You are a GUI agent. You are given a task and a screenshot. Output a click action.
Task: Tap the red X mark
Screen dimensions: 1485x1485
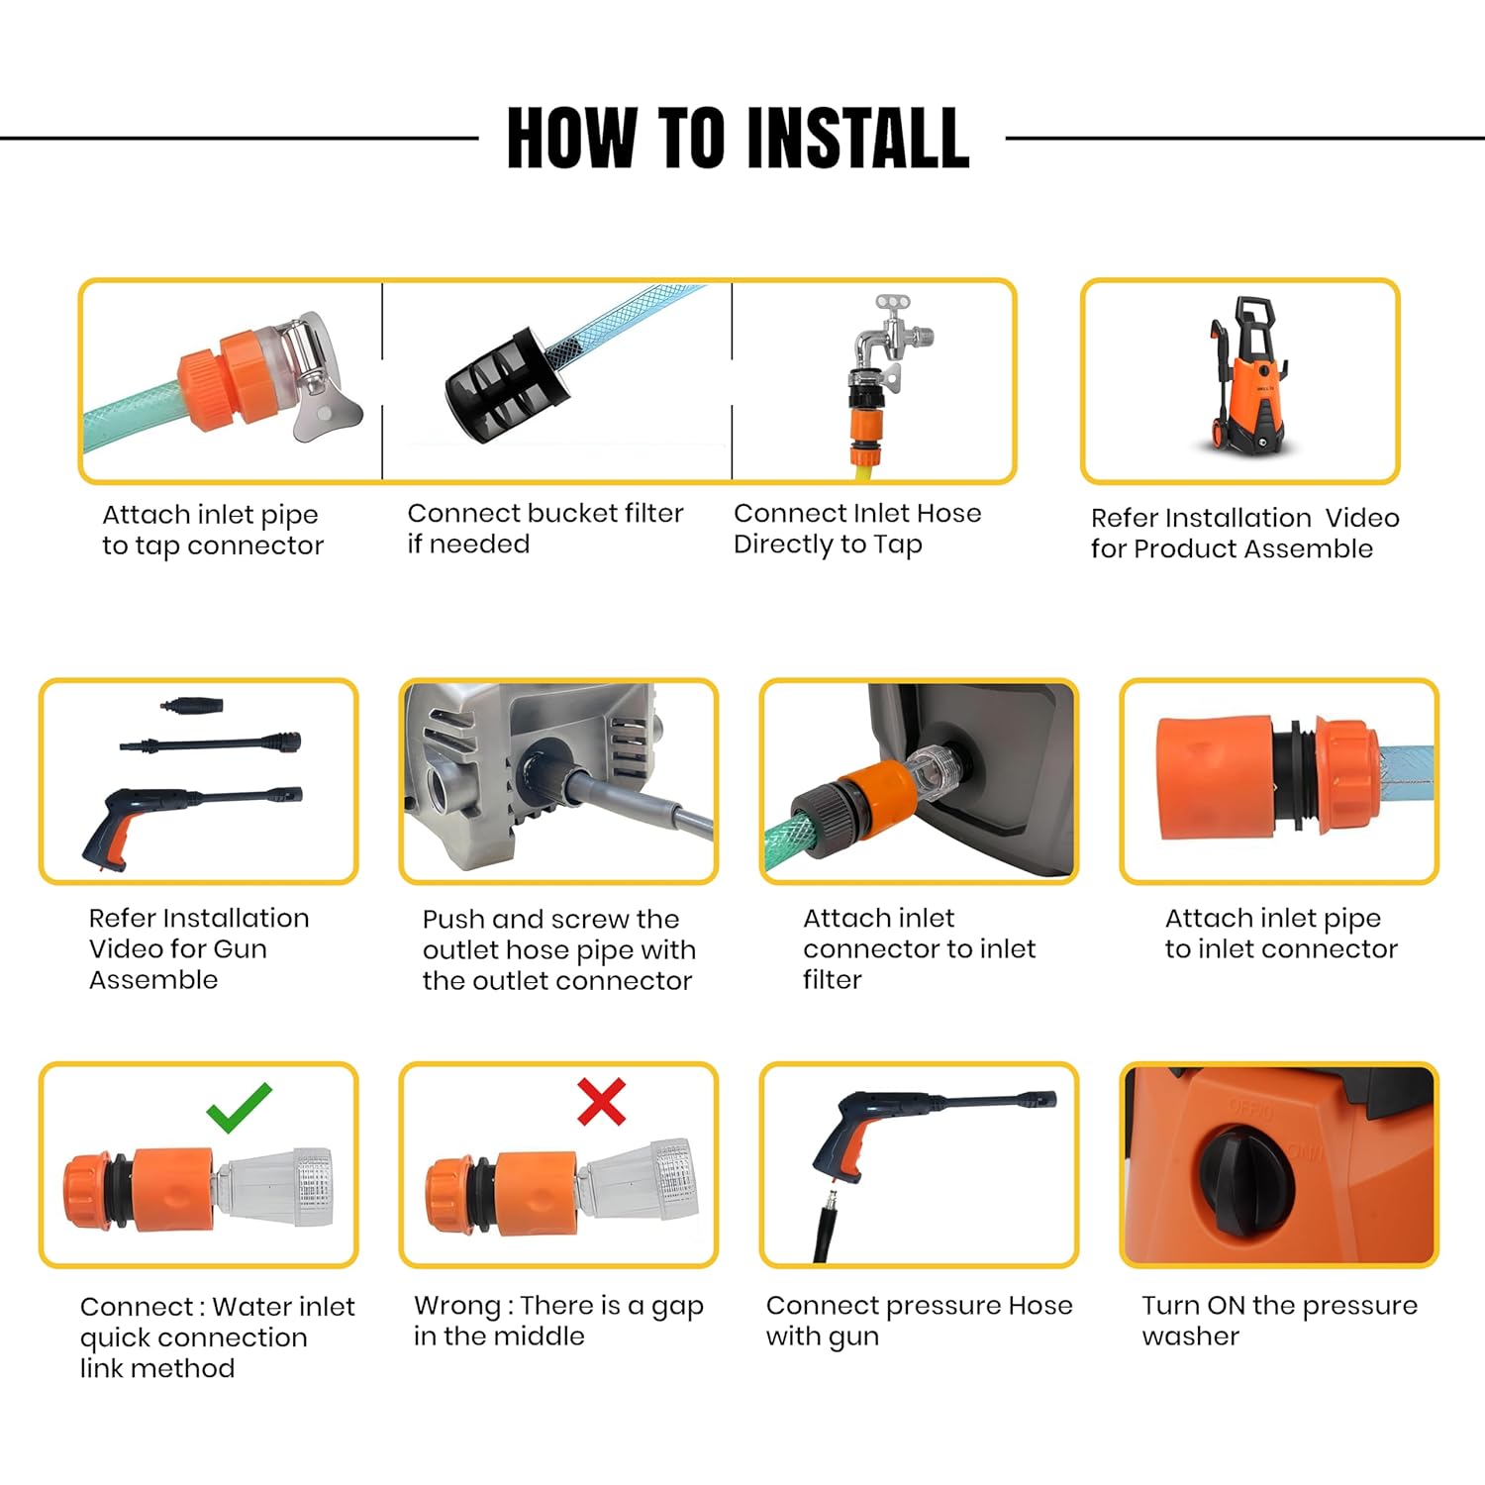pos(602,1102)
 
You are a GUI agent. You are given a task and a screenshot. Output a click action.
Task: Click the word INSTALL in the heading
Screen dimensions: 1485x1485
pos(857,138)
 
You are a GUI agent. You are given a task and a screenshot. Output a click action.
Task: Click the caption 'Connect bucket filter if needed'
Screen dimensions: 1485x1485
pos(545,529)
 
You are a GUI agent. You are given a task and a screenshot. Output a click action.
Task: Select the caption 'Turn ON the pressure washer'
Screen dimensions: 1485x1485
pos(1279,1321)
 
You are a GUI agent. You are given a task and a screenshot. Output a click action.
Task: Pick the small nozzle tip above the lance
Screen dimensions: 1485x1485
pos(192,706)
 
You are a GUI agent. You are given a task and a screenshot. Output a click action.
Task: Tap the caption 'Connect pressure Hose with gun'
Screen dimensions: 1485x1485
pos(919,1321)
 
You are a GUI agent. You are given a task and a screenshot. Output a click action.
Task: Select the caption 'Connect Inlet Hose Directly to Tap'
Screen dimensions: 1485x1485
pos(857,529)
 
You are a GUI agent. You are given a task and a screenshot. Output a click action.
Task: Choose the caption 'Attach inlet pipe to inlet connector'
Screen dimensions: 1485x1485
pos(1281,934)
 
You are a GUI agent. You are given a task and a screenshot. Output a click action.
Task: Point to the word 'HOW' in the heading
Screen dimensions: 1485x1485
pos(572,138)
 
